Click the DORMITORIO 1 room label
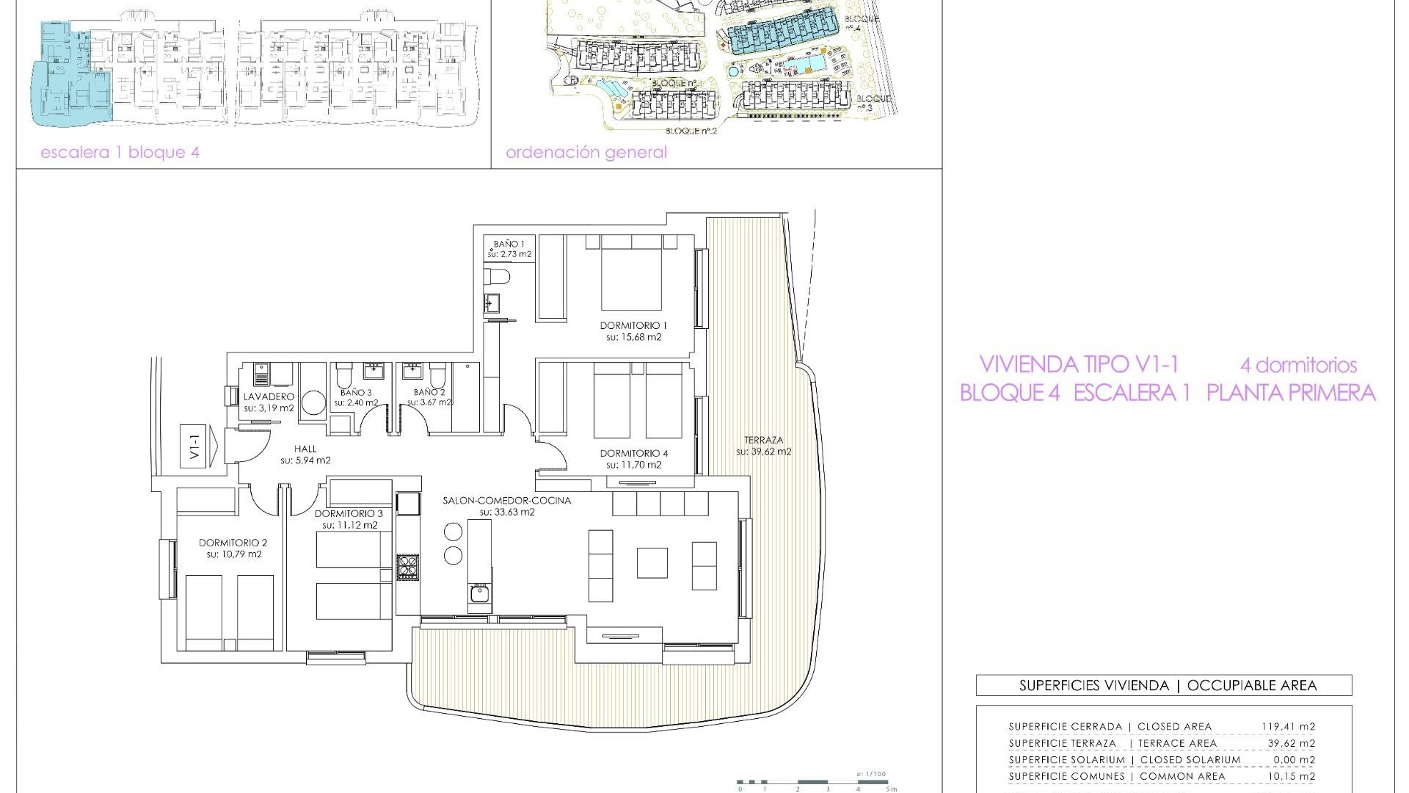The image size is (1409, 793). pos(633,325)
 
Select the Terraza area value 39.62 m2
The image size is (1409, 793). pos(764,452)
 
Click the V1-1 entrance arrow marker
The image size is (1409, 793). pos(197,446)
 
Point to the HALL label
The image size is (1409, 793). pos(305,449)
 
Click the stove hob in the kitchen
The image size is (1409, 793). pos(407,568)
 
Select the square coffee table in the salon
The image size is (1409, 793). pos(652,563)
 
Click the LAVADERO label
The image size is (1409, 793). pos(269,396)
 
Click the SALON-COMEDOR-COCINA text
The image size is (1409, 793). pos(506,501)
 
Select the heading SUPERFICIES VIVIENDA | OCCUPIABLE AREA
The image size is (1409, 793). pos(1164,686)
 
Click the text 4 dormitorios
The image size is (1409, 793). pos(1298,365)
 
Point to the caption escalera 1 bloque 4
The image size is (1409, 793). pos(120,153)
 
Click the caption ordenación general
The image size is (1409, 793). pos(586,153)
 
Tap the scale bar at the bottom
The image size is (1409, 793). pos(815,783)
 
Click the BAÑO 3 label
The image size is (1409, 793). pos(355,393)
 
